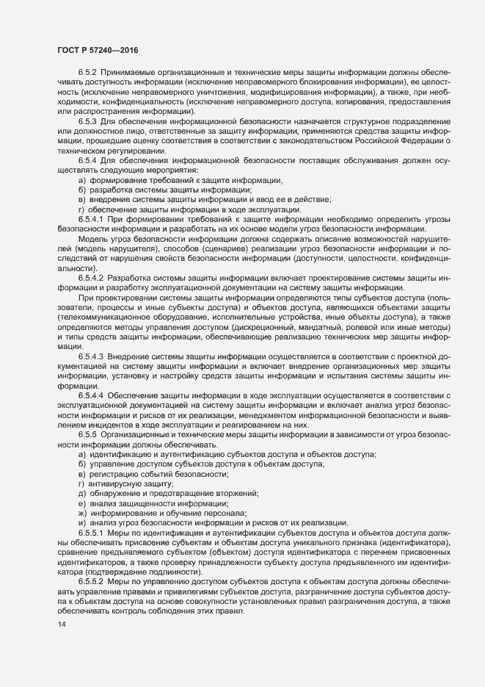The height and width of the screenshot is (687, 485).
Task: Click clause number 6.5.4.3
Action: pos(92,356)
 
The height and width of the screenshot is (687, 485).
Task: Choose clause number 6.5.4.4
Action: pos(92,396)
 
